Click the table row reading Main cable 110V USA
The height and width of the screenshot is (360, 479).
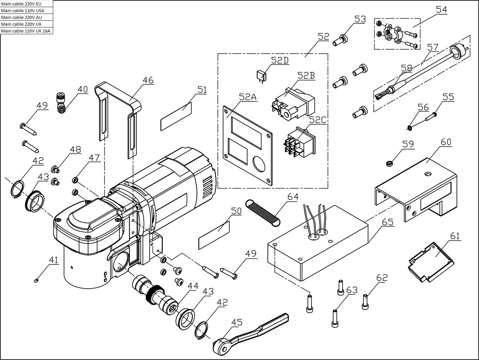(26, 10)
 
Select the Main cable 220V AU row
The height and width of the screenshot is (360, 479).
(26, 17)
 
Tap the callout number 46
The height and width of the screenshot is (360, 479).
(148, 80)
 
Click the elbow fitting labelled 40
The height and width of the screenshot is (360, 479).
(61, 102)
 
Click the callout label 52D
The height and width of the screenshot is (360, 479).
(280, 60)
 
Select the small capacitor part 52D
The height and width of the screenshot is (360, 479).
(261, 75)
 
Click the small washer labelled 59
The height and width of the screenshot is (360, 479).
(390, 164)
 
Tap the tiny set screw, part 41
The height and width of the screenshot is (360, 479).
(36, 279)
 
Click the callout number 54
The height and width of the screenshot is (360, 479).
(441, 9)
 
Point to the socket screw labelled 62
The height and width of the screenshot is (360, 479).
(365, 301)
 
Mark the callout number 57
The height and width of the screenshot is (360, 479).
(433, 47)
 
